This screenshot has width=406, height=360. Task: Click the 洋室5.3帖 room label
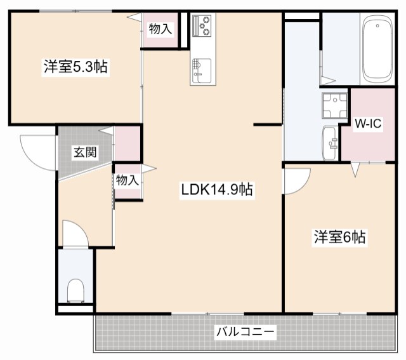click(x=75, y=66)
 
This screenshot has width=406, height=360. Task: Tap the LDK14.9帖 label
click(x=218, y=189)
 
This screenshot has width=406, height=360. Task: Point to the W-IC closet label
click(x=367, y=124)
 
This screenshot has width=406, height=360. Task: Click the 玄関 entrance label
click(x=84, y=152)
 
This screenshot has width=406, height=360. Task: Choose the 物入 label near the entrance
click(x=128, y=180)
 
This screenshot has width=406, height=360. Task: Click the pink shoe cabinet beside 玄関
click(x=127, y=143)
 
